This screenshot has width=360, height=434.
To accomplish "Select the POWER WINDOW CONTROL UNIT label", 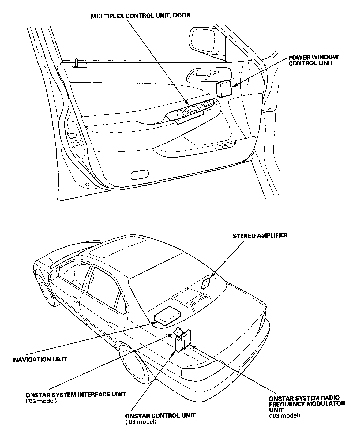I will tap(313, 60).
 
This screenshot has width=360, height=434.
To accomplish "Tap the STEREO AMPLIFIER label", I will tap(260, 236).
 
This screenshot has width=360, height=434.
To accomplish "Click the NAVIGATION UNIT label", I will tap(40, 359).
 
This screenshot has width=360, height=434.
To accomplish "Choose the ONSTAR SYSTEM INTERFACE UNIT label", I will tap(76, 395).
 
